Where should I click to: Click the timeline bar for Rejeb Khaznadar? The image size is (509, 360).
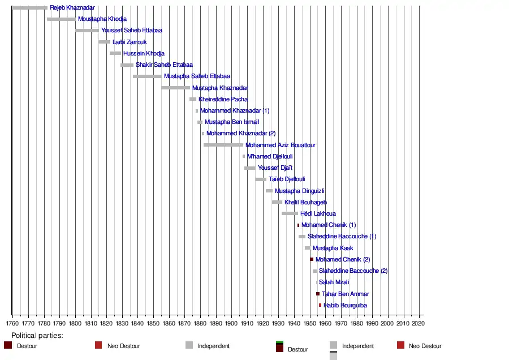29,7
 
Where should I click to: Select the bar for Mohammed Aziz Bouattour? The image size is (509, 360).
223,145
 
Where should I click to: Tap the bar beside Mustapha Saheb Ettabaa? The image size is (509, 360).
147,76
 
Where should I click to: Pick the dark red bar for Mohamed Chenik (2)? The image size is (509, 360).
312,259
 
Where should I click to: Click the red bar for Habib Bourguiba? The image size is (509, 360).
320,305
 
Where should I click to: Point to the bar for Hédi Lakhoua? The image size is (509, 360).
290,213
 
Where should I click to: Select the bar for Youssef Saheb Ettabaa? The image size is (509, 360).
87,30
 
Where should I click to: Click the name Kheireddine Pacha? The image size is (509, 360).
223,99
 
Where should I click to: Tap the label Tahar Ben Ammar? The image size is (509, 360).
345,294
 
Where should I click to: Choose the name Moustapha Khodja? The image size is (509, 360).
102,19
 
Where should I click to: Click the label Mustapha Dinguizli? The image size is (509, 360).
299,191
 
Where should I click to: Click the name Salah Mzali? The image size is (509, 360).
334,282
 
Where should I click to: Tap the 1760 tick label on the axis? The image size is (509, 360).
12,323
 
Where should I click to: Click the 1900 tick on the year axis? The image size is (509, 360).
231,323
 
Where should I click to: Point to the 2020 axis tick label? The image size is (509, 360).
418,323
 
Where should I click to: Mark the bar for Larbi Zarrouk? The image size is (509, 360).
105,42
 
